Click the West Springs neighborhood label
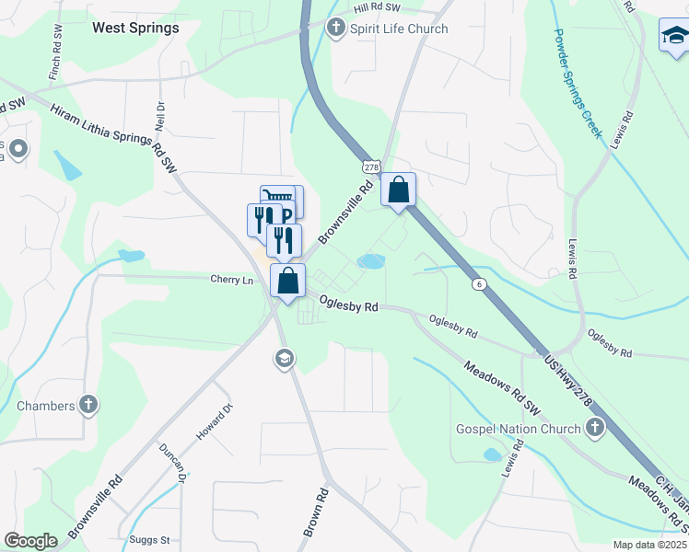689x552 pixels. [135, 28]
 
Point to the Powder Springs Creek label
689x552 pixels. [578, 82]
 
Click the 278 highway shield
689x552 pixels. [371, 167]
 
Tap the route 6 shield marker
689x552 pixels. [480, 284]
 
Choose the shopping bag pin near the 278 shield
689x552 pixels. [399, 191]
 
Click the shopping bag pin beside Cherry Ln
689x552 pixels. [288, 282]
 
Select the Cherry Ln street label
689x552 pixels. [231, 280]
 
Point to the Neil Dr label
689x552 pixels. [158, 117]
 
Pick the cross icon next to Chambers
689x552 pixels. [88, 406]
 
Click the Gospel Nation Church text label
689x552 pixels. [519, 429]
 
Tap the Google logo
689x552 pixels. [30, 541]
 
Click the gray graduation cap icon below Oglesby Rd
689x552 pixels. [284, 358]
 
